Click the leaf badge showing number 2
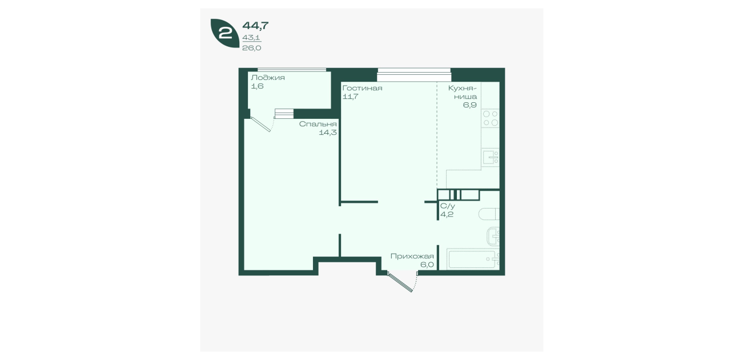[x=224, y=33]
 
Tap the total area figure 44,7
[x=255, y=26]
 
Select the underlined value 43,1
[x=251, y=38]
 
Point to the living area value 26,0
[x=252, y=48]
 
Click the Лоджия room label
[x=268, y=78]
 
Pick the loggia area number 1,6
[x=257, y=86]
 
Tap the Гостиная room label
[x=362, y=88]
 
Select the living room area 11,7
[x=350, y=97]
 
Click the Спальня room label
[x=318, y=124]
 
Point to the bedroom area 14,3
[x=328, y=133]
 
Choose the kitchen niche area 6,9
[x=470, y=105]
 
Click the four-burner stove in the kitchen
[x=491, y=118]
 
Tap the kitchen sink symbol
[x=491, y=157]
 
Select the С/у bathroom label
[x=448, y=206]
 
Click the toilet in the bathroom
[x=489, y=214]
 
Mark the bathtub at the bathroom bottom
[x=473, y=259]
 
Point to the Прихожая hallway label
[x=412, y=257]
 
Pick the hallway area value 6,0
[x=427, y=265]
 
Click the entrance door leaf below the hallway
[x=400, y=282]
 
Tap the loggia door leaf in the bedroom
[x=261, y=125]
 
